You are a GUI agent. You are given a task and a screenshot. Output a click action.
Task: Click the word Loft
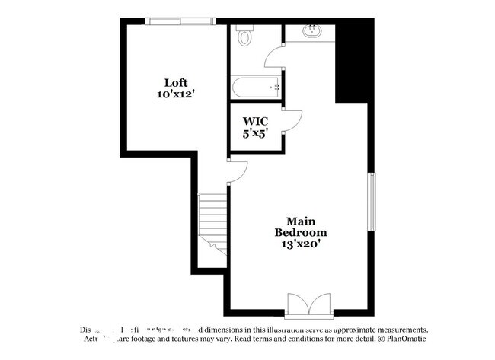pyautogui.click(x=176, y=82)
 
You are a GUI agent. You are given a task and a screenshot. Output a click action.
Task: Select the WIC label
pyautogui.click(x=255, y=121)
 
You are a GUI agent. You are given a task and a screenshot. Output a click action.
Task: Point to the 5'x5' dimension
pyautogui.click(x=255, y=133)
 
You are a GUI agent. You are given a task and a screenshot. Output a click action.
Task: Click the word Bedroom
pyautogui.click(x=301, y=232)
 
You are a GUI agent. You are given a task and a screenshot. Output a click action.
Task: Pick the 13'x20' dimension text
pyautogui.click(x=301, y=244)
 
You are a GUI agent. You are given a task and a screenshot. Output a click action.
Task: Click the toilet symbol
pyautogui.click(x=245, y=36)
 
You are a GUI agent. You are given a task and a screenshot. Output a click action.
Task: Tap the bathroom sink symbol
pyautogui.click(x=311, y=32)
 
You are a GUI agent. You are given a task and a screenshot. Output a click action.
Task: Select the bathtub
pyautogui.click(x=257, y=87)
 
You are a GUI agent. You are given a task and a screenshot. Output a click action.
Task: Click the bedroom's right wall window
pyautogui.click(x=372, y=202)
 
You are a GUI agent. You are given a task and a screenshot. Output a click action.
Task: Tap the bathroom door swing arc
pyautogui.click(x=273, y=57)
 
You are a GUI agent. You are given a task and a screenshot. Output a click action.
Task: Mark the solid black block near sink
pyautogui.click(x=352, y=65)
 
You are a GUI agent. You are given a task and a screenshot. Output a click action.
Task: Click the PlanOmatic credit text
pyautogui.click(x=403, y=340)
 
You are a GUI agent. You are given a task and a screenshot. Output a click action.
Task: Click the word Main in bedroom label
pyautogui.click(x=301, y=220)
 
